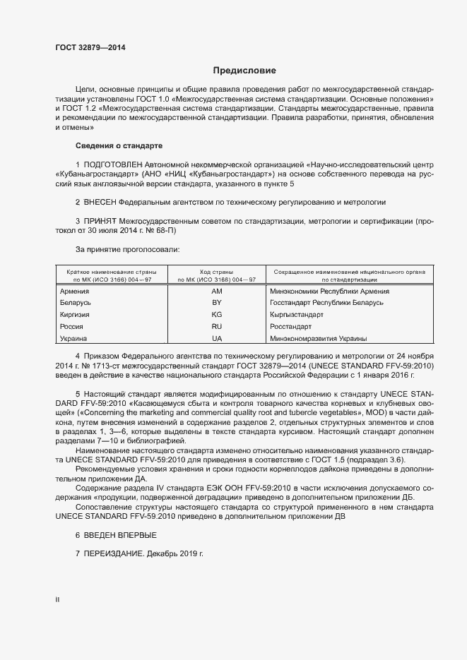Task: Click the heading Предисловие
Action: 244,71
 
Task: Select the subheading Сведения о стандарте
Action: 119,145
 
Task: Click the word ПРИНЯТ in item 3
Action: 102,221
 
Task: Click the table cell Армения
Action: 74,291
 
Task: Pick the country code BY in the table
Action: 217,302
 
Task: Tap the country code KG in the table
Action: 217,314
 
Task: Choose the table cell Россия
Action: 72,327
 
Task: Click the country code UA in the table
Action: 217,339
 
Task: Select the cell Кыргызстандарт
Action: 297,314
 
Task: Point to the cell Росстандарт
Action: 290,327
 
